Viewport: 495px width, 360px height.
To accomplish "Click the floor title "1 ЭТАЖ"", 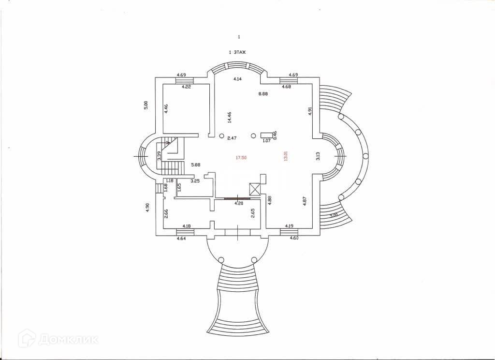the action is point(237,52).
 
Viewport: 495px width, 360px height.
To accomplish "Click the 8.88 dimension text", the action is point(263,94).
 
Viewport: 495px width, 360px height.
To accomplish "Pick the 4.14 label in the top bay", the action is point(237,78).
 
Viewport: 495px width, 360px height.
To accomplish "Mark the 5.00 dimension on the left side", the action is point(146,105).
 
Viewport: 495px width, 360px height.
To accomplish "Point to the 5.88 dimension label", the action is point(195,165).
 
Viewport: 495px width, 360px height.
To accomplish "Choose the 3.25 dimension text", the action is point(195,181).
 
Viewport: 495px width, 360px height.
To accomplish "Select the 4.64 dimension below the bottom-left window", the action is point(181,239).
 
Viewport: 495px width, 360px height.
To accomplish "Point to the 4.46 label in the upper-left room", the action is point(166,109).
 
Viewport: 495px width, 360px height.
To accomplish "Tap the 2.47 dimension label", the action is point(232,138).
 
